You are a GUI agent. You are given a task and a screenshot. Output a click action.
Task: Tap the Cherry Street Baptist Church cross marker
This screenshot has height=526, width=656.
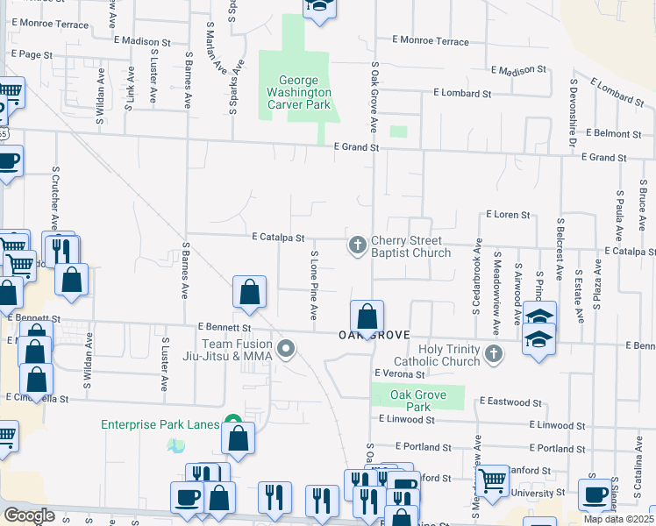pyautogui.click(x=357, y=245)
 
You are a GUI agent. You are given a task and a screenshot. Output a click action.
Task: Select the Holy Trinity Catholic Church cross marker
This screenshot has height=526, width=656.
pyautogui.click(x=494, y=354)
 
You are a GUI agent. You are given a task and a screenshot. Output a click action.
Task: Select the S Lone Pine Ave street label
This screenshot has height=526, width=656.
pyautogui.click(x=313, y=285)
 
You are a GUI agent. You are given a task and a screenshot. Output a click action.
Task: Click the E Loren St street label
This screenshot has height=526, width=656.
pyautogui.click(x=508, y=214)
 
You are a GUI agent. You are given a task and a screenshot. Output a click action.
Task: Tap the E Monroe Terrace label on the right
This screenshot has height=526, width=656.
pyautogui.click(x=431, y=41)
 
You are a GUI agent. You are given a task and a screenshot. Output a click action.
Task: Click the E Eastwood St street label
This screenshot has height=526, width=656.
pyautogui.click(x=510, y=402)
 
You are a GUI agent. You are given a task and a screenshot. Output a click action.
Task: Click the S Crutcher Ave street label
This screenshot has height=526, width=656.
pyautogui.click(x=56, y=192)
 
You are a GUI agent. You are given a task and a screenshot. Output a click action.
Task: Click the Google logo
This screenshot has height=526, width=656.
pyautogui.click(x=29, y=515)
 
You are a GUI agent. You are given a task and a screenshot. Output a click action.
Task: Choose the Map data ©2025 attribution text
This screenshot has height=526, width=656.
pyautogui.click(x=617, y=519)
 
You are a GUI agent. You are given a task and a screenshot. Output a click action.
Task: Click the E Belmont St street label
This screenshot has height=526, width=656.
pyautogui.click(x=617, y=133)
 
